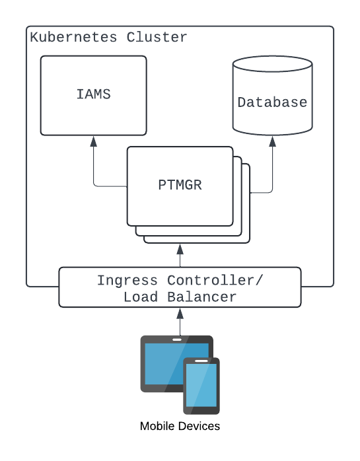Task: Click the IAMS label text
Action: click(x=94, y=94)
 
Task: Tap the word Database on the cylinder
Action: click(x=272, y=102)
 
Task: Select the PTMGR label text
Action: click(x=180, y=185)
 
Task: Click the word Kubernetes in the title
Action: click(x=73, y=38)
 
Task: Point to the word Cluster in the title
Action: click(x=157, y=38)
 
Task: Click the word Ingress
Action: click(x=127, y=281)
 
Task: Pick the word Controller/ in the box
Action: click(x=215, y=280)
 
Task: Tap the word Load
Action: click(x=141, y=297)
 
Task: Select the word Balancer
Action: click(x=201, y=297)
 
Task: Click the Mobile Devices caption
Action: click(x=180, y=426)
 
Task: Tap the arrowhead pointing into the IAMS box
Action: click(x=94, y=141)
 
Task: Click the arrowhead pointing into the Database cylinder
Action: click(x=273, y=141)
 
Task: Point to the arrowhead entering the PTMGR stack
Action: click(x=180, y=249)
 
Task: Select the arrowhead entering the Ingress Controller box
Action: click(x=180, y=314)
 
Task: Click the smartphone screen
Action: click(x=201, y=385)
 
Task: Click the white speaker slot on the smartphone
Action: click(x=201, y=361)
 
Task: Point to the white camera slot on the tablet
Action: click(x=177, y=339)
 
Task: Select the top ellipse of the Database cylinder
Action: click(x=273, y=64)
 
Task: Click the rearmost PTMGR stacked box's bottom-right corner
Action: click(x=250, y=243)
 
